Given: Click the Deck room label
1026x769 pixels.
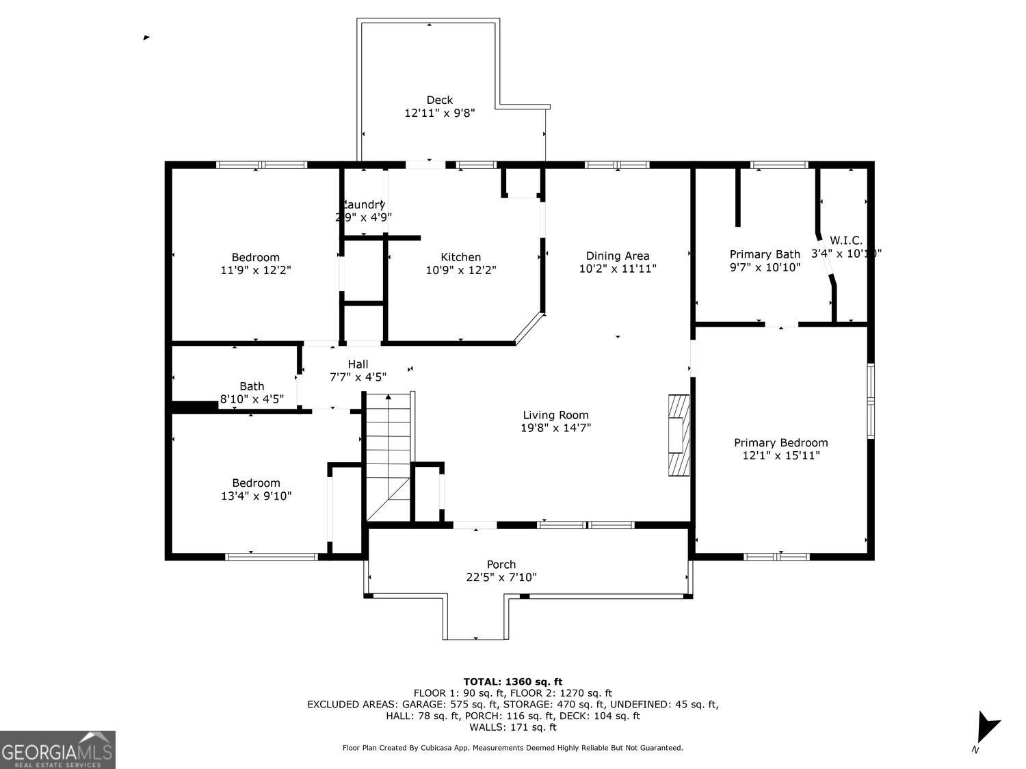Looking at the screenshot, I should pyautogui.click(x=439, y=100).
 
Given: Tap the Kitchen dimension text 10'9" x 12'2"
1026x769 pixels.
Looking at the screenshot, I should pyautogui.click(x=460, y=270).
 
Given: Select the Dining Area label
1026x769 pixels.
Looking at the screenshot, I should pyautogui.click(x=618, y=256).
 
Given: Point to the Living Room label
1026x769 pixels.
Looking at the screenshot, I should pyautogui.click(x=555, y=415).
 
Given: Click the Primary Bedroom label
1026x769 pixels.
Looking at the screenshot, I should pyautogui.click(x=780, y=443).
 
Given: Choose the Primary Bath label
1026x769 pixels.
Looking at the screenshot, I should pyautogui.click(x=764, y=254).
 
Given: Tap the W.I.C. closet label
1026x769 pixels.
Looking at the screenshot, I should pyautogui.click(x=845, y=241).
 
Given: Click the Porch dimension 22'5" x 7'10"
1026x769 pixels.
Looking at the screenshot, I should pyautogui.click(x=501, y=578).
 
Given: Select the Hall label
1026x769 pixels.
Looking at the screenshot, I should pyautogui.click(x=358, y=364).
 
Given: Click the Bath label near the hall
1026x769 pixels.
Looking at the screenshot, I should pyautogui.click(x=252, y=386).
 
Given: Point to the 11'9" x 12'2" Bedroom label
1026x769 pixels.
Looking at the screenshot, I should pyautogui.click(x=255, y=257).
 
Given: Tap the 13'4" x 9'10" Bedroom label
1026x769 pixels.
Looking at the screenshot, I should pyautogui.click(x=256, y=483).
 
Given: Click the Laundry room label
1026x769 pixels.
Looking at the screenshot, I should pyautogui.click(x=363, y=204).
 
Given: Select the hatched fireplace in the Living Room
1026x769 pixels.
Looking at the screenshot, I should pyautogui.click(x=679, y=435).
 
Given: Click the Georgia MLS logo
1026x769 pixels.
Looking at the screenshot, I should pyautogui.click(x=57, y=750).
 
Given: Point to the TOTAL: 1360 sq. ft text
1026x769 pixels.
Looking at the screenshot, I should pyautogui.click(x=512, y=682).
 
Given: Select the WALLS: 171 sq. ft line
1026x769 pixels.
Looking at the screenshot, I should pyautogui.click(x=512, y=727).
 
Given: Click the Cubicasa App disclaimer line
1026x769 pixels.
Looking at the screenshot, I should pyautogui.click(x=512, y=748).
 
